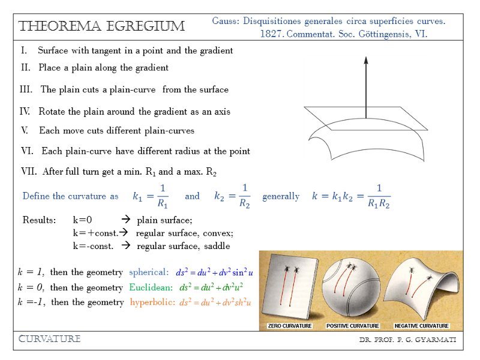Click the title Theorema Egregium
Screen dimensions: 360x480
102,26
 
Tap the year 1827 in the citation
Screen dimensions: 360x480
271,34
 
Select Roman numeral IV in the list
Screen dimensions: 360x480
25,112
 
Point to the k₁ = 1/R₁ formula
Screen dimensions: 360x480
151,196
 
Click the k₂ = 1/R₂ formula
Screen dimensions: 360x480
232,196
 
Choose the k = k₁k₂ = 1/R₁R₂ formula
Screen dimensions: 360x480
351,196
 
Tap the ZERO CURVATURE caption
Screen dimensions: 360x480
289,326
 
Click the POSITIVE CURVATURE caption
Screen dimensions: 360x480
353,326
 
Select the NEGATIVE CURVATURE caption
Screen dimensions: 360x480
421,326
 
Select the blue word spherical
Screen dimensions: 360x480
149,272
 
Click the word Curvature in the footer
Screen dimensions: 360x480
50,340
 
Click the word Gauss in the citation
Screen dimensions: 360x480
226,22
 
